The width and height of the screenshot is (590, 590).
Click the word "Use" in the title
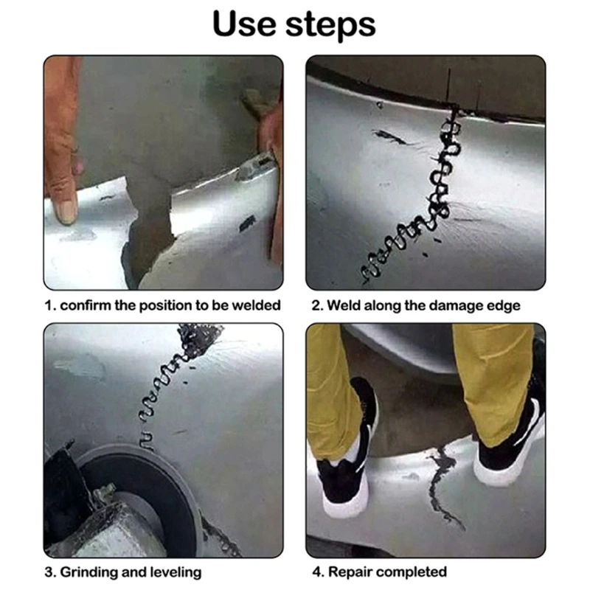[244, 24]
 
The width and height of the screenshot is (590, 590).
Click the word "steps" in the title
[330, 27]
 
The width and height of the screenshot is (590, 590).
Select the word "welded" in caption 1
[256, 305]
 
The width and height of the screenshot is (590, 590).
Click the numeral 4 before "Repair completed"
[316, 572]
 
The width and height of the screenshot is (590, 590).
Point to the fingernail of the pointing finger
[67, 212]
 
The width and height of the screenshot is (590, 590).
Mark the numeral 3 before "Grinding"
[49, 572]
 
